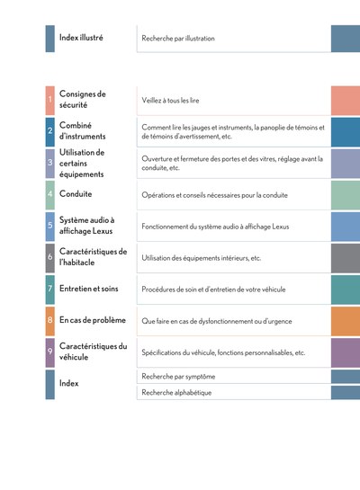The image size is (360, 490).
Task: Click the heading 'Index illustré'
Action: pos(81,38)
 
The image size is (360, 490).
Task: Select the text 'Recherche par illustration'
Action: pos(178,39)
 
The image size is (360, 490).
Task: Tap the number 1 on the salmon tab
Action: pos(49,100)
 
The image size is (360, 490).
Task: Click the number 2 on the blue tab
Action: pos(50,130)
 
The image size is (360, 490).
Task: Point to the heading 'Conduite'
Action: pos(76,193)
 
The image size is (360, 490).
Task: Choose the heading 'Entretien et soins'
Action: pos(89,289)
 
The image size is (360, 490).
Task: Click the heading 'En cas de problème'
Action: pos(93,320)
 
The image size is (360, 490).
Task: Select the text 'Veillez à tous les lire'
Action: pos(170,101)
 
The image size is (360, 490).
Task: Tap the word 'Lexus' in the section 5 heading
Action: pos(102,231)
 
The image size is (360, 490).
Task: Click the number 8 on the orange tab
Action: pos(50,320)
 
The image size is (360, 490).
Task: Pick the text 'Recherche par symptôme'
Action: pos(178,377)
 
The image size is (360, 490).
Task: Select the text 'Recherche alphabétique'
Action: pos(176,393)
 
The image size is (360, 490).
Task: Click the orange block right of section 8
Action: pos(346,321)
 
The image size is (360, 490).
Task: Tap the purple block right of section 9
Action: pos(346,352)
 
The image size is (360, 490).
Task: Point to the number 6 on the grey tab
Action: pos(50,257)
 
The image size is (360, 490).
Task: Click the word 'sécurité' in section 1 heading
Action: pos(73,105)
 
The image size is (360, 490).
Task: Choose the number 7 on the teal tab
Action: pos(50,288)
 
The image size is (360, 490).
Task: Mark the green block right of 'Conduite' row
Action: pos(346,195)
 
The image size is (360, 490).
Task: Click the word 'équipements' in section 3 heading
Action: pos(81,174)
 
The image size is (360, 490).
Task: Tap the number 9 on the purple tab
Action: pos(50,351)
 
